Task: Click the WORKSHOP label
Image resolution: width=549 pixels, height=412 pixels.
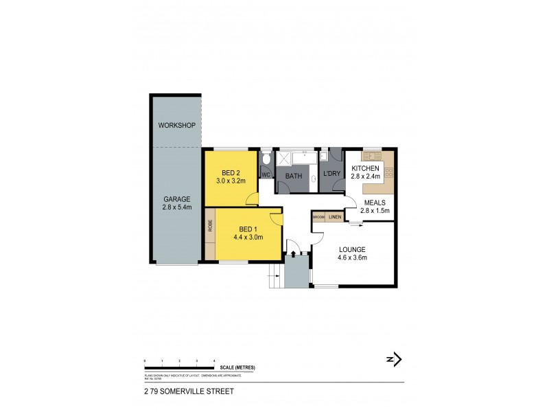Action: click(x=177, y=126)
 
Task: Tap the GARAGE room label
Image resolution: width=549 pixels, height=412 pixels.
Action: click(x=176, y=199)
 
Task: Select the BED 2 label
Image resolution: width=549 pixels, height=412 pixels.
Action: click(x=231, y=172)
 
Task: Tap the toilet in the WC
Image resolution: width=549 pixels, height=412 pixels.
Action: click(x=266, y=161)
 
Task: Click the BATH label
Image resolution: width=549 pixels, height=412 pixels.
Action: click(x=294, y=176)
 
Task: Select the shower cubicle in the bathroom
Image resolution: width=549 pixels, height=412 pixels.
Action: click(x=283, y=161)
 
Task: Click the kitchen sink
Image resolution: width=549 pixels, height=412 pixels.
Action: click(x=371, y=154)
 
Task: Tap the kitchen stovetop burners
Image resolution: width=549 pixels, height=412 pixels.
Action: click(x=389, y=172)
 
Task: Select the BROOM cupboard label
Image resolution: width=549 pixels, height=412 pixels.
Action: click(x=319, y=217)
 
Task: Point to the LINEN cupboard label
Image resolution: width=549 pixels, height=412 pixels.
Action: click(x=335, y=217)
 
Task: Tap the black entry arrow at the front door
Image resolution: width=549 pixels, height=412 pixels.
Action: click(x=294, y=254)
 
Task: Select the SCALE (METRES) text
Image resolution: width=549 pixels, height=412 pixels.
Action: click(x=238, y=367)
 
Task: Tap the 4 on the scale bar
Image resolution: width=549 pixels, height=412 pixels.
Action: click(x=215, y=360)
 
